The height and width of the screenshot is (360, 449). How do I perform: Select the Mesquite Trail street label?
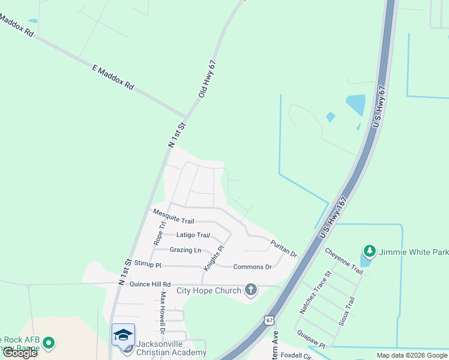(x=173, y=217)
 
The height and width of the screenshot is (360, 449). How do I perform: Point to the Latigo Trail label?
(x=193, y=235)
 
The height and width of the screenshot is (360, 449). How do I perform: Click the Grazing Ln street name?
(x=185, y=250)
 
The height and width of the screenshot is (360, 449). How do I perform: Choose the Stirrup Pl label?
(x=148, y=263)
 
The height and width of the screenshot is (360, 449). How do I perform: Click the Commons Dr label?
(x=252, y=266)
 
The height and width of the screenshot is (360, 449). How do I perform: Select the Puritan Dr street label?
(x=283, y=248)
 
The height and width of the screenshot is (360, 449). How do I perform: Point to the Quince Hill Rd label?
(x=150, y=284)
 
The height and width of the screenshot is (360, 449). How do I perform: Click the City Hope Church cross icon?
(x=251, y=291)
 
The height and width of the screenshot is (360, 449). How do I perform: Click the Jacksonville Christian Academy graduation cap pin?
(x=123, y=335)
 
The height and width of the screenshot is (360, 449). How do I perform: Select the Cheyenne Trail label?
(x=344, y=262)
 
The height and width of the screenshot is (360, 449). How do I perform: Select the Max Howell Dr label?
(x=162, y=312)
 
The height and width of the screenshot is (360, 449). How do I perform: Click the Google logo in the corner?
(x=20, y=353)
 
